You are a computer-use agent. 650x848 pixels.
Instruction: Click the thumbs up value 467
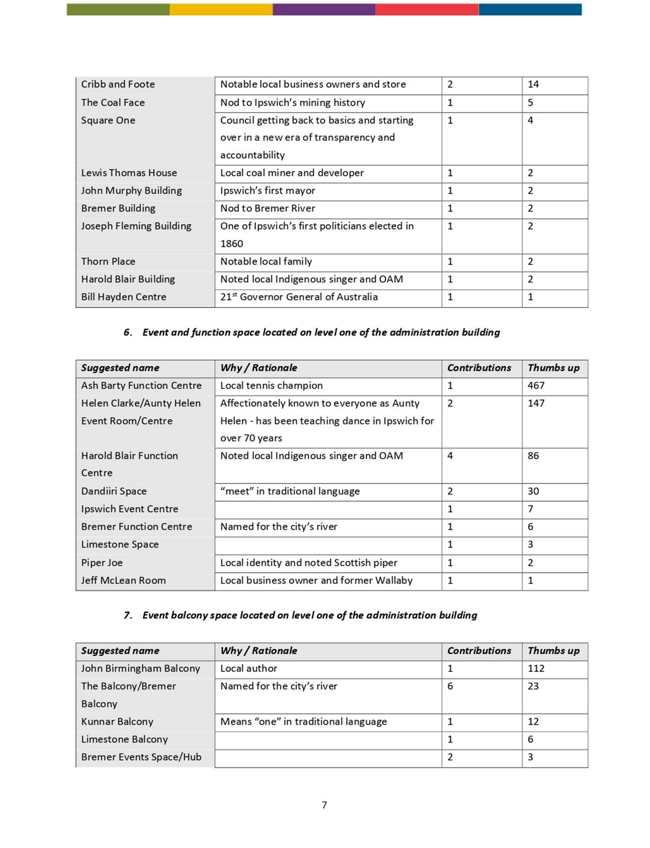(x=536, y=385)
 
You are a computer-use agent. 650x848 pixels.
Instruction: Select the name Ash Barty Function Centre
(x=141, y=385)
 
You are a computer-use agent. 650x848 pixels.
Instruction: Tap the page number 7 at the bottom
(x=324, y=805)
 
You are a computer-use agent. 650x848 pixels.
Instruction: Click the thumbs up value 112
(x=536, y=668)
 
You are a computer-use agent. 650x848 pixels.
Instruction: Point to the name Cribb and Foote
(x=118, y=84)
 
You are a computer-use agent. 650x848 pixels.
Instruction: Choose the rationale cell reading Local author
(x=249, y=668)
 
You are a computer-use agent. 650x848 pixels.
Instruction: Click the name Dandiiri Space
(x=114, y=491)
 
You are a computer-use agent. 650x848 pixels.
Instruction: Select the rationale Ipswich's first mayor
(x=267, y=191)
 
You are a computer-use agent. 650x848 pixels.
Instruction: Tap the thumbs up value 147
(x=536, y=403)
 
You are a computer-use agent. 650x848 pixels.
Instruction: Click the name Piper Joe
(x=102, y=563)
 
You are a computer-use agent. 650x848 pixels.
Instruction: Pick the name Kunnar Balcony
(x=117, y=721)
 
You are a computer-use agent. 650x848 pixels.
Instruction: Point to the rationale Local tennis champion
(x=271, y=385)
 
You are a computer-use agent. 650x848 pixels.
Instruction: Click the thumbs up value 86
(x=533, y=456)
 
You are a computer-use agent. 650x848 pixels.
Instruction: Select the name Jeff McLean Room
(x=123, y=580)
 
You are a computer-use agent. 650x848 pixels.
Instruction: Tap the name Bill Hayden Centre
(x=123, y=297)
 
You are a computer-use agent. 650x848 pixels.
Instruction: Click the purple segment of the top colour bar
(x=324, y=9)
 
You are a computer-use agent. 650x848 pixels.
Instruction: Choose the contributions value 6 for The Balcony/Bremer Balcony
(x=450, y=686)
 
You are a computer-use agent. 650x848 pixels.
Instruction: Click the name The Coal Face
(x=113, y=102)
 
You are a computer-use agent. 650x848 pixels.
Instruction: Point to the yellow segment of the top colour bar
(x=221, y=9)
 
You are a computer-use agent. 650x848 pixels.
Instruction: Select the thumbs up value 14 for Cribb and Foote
(x=533, y=84)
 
